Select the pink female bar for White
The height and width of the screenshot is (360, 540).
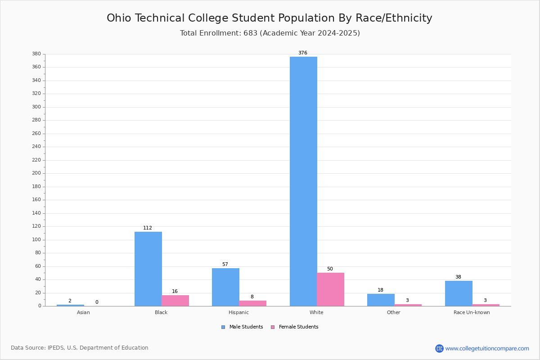click(x=330, y=289)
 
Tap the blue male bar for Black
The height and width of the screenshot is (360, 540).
click(x=148, y=269)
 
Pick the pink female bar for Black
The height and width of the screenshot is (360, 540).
click(x=175, y=301)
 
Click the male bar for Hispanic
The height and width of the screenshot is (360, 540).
click(x=225, y=287)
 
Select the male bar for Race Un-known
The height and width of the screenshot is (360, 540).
click(x=459, y=293)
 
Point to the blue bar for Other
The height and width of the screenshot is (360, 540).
click(x=381, y=300)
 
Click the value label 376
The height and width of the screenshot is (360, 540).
click(x=303, y=53)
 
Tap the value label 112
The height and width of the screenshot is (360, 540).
click(x=148, y=228)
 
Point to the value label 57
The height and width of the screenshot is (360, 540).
click(x=225, y=264)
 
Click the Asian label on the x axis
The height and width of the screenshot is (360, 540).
click(x=83, y=312)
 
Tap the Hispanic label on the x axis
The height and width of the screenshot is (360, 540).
click(x=238, y=312)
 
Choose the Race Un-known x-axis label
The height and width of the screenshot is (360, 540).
click(x=472, y=312)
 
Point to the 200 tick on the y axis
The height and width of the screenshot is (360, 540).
click(x=36, y=173)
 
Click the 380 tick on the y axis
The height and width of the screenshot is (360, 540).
click(x=36, y=54)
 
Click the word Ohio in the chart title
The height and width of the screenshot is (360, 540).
click(x=121, y=18)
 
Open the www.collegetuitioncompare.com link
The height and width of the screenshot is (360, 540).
click(x=487, y=348)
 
